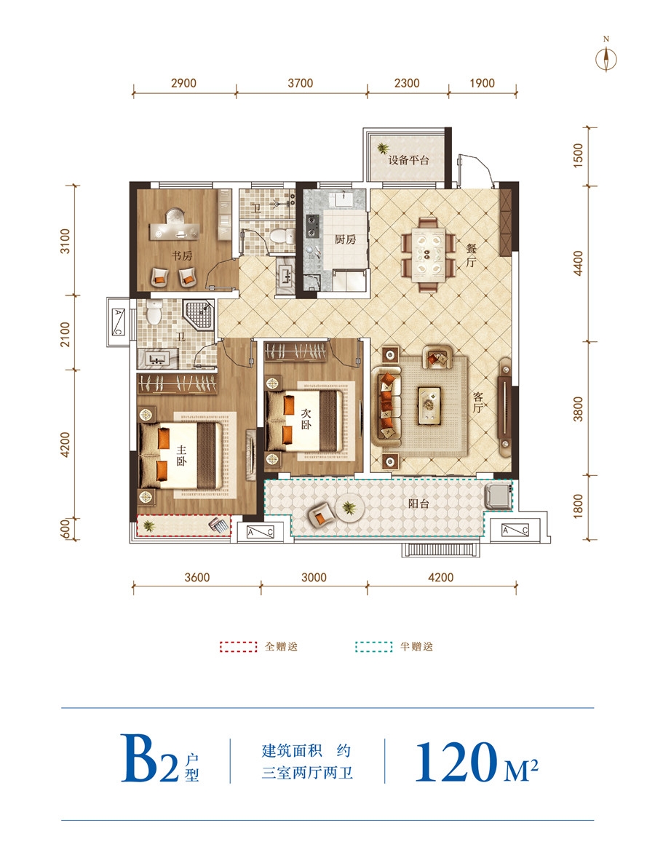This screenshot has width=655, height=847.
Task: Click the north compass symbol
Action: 606,58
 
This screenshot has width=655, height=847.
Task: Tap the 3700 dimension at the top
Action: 301,83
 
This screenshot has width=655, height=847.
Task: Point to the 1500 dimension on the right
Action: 579,156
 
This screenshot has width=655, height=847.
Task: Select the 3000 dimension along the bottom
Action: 314,578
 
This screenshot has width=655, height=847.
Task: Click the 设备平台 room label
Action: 408,160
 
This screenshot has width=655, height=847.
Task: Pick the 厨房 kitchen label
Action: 346,239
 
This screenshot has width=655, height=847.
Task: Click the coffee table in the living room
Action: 429,405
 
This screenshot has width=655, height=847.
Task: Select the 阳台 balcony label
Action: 418,504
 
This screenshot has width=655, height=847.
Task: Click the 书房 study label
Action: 182,255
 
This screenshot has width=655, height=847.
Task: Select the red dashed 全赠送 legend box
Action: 238,647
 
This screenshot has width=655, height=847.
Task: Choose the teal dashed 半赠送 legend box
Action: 373,647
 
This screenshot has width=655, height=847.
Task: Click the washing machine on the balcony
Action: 496,496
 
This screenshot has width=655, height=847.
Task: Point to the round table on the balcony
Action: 349,508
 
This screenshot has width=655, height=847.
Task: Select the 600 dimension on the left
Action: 65,528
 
